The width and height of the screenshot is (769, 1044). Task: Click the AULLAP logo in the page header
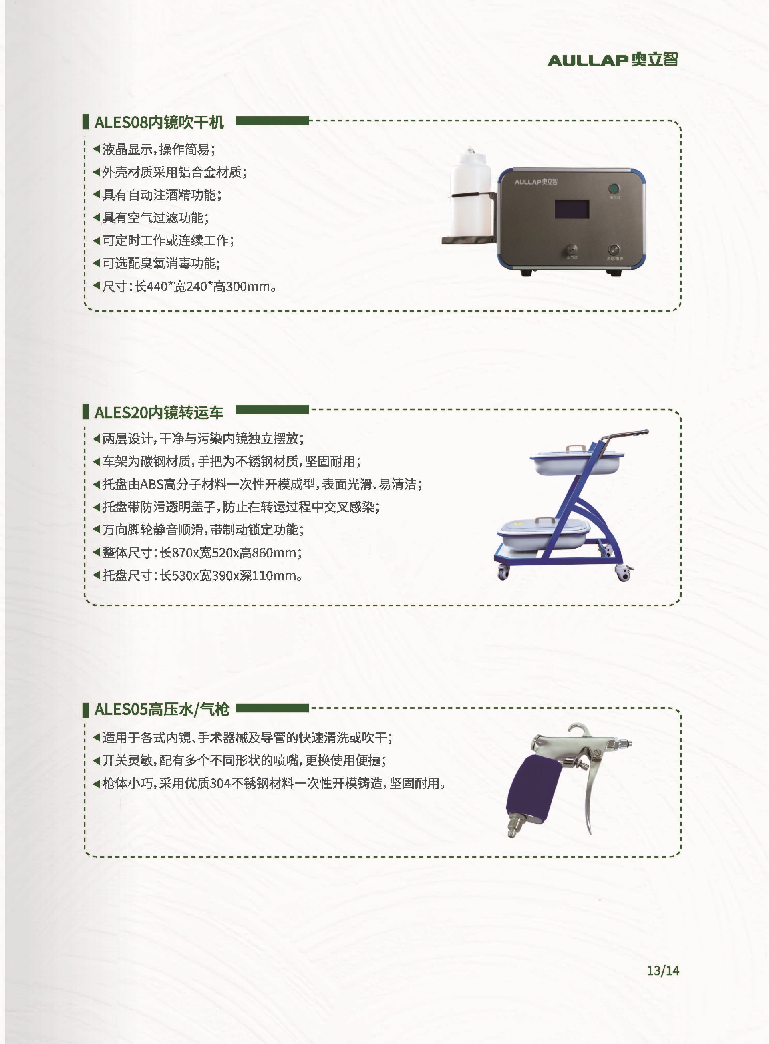612,60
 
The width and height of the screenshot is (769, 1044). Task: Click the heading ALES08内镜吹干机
159,122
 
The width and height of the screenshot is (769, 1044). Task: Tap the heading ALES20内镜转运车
159,412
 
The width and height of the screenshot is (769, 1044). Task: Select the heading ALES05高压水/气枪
162,709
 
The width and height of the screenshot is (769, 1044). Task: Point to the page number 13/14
663,970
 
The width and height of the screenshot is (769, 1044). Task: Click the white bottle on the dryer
470,192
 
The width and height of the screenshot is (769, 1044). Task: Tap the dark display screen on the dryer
572,209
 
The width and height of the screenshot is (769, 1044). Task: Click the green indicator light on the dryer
614,189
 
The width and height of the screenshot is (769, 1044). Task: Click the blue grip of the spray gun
531,783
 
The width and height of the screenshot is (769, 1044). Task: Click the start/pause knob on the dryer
614,249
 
